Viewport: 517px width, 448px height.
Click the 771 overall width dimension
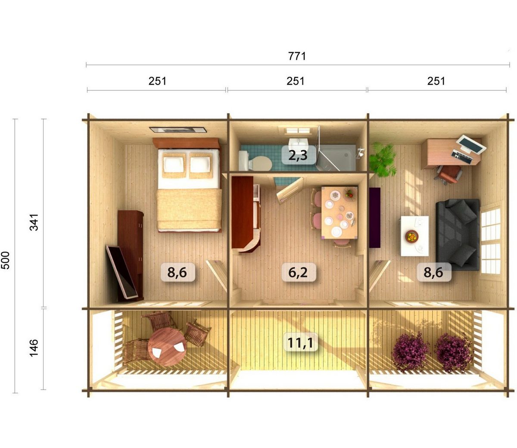(297, 56)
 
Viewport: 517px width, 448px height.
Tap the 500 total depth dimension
(6, 260)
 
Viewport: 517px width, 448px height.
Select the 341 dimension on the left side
(34, 222)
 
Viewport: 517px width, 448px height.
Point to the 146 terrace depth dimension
(34, 348)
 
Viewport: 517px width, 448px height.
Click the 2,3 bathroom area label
(298, 156)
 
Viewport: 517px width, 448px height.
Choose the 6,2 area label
(298, 272)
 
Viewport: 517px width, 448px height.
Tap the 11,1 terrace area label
(300, 342)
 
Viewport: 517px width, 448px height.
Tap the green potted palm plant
(382, 159)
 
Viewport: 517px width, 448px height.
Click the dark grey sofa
(458, 235)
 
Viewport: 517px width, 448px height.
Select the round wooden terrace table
(167, 346)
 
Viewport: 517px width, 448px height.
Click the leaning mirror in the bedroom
(122, 272)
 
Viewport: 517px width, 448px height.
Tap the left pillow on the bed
(174, 165)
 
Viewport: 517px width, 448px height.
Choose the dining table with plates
(339, 212)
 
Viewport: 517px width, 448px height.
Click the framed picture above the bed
(178, 130)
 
